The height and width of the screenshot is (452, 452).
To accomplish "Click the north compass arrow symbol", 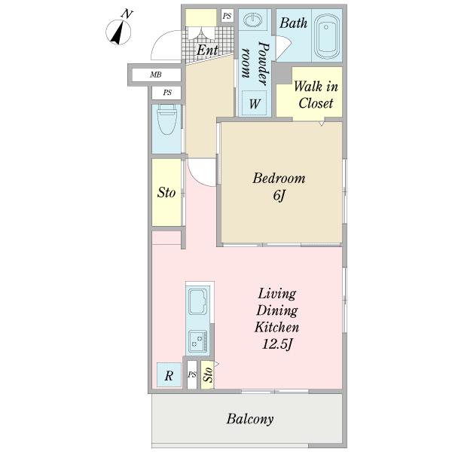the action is click(118, 32).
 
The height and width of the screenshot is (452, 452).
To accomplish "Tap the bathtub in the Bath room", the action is click(326, 36).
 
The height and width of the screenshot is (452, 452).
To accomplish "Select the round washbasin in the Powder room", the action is click(253, 20).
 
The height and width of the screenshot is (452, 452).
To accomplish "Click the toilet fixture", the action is click(167, 120).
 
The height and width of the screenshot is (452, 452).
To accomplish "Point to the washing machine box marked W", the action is click(254, 103).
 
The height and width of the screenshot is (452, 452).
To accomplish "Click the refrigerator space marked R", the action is click(169, 375).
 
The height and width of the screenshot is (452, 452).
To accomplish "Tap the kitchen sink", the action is click(197, 301).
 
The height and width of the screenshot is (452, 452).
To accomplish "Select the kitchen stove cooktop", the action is click(197, 342).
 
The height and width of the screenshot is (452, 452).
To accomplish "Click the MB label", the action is click(156, 75).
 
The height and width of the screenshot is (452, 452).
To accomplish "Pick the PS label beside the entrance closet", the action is click(228, 16).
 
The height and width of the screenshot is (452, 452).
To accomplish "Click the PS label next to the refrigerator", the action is click(192, 374).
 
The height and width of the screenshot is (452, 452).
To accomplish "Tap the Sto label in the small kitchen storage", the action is click(208, 374).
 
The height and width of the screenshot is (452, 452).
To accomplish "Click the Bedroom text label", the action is click(279, 178).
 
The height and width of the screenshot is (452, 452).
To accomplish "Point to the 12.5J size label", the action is click(277, 344).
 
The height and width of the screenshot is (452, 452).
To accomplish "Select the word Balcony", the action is click(250, 419).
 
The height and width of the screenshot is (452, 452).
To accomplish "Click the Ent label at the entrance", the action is click(207, 50).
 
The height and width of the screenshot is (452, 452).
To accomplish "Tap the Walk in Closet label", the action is click(316, 95).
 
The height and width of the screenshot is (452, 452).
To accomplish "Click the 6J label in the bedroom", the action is click(279, 196).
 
